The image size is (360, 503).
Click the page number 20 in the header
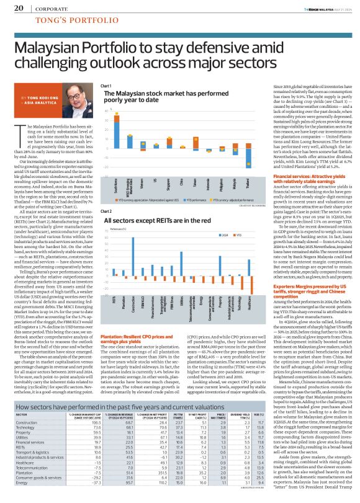[19, 9]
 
